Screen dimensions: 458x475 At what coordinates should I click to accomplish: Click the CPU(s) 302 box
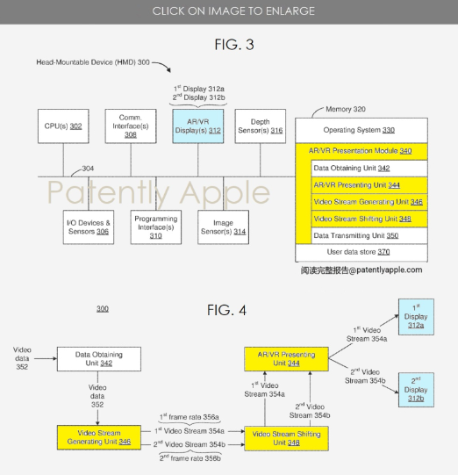tap(63, 126)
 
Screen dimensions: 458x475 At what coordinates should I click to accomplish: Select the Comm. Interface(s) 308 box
tap(131, 126)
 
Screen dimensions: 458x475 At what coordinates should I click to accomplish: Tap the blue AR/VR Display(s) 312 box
tap(198, 126)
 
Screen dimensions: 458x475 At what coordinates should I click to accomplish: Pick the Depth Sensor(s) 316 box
tap(261, 126)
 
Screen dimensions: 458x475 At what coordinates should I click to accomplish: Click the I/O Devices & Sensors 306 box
tap(89, 227)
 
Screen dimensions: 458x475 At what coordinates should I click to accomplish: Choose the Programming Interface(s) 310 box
tap(156, 227)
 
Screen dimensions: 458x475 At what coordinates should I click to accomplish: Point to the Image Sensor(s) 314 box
tap(224, 227)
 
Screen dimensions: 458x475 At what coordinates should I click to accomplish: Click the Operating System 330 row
tap(361, 130)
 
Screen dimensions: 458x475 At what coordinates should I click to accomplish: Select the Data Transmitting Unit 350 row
tap(369, 235)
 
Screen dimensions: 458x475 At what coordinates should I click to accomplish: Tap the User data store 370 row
tap(361, 252)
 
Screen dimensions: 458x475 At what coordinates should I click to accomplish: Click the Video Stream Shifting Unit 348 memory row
tap(369, 219)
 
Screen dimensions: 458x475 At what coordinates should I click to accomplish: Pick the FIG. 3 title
tap(234, 45)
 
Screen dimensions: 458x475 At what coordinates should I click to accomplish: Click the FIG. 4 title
tap(226, 310)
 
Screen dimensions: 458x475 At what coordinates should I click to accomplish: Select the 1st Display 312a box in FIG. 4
tap(416, 317)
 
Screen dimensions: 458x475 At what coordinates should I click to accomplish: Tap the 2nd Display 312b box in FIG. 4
tap(416, 390)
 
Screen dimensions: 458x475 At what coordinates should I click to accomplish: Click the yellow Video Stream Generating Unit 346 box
tap(99, 437)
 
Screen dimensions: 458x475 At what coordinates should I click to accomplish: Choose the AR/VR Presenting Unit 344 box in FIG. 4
tap(286, 359)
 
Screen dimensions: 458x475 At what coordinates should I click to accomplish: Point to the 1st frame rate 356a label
tap(190, 417)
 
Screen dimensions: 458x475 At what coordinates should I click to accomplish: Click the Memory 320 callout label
tap(346, 109)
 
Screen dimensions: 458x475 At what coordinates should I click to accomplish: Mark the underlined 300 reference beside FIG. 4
tap(103, 309)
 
